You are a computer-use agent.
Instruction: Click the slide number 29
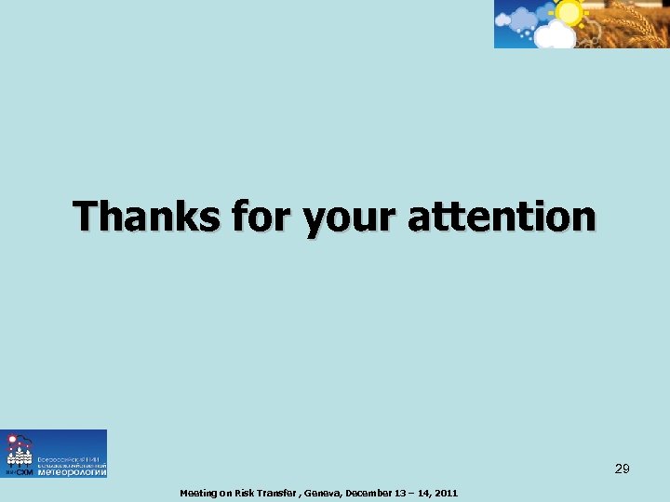622,469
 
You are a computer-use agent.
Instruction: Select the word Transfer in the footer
279,493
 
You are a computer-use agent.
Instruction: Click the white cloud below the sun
556,35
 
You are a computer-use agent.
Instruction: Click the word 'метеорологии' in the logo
72,471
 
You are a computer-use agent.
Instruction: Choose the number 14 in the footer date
424,493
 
